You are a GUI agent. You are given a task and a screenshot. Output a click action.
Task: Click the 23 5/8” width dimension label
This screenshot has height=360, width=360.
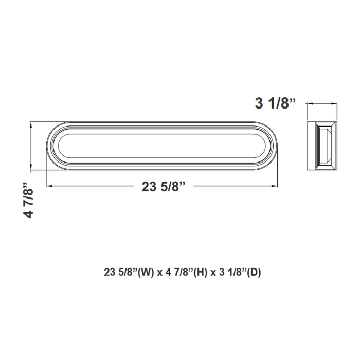[x=164, y=187]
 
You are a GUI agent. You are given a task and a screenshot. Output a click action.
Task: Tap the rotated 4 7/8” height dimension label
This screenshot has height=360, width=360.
[x=30, y=200]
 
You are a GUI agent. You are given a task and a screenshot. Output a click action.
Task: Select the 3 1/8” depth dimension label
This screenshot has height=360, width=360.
[x=276, y=103]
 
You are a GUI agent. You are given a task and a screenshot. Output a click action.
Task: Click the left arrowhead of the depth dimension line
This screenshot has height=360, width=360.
[x=309, y=104]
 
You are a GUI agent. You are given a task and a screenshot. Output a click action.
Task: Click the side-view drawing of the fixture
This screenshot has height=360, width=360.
[x=322, y=146]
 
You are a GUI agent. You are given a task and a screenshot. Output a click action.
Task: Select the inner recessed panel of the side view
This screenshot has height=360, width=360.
[x=326, y=146]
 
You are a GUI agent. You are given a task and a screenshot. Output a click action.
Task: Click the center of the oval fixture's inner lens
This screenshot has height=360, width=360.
[x=164, y=146]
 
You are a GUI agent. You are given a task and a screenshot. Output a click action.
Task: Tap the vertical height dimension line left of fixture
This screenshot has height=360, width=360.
[x=32, y=146]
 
